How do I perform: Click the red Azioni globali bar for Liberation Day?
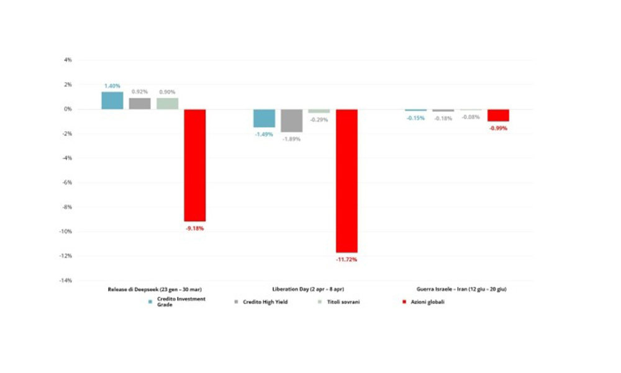click(347, 180)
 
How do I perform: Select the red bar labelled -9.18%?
click(194, 165)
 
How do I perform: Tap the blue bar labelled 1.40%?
click(112, 101)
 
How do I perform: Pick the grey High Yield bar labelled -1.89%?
click(292, 121)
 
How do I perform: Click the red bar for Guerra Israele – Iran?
click(498, 115)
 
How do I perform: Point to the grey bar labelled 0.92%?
click(140, 103)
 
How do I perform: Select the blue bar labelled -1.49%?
click(264, 118)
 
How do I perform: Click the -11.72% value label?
click(347, 259)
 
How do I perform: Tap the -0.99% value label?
click(498, 129)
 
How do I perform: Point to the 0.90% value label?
click(167, 92)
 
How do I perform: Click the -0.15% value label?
click(415, 118)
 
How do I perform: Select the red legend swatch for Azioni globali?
click(405, 302)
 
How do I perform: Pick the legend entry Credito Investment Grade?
click(175, 302)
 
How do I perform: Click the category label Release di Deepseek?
click(153, 290)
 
